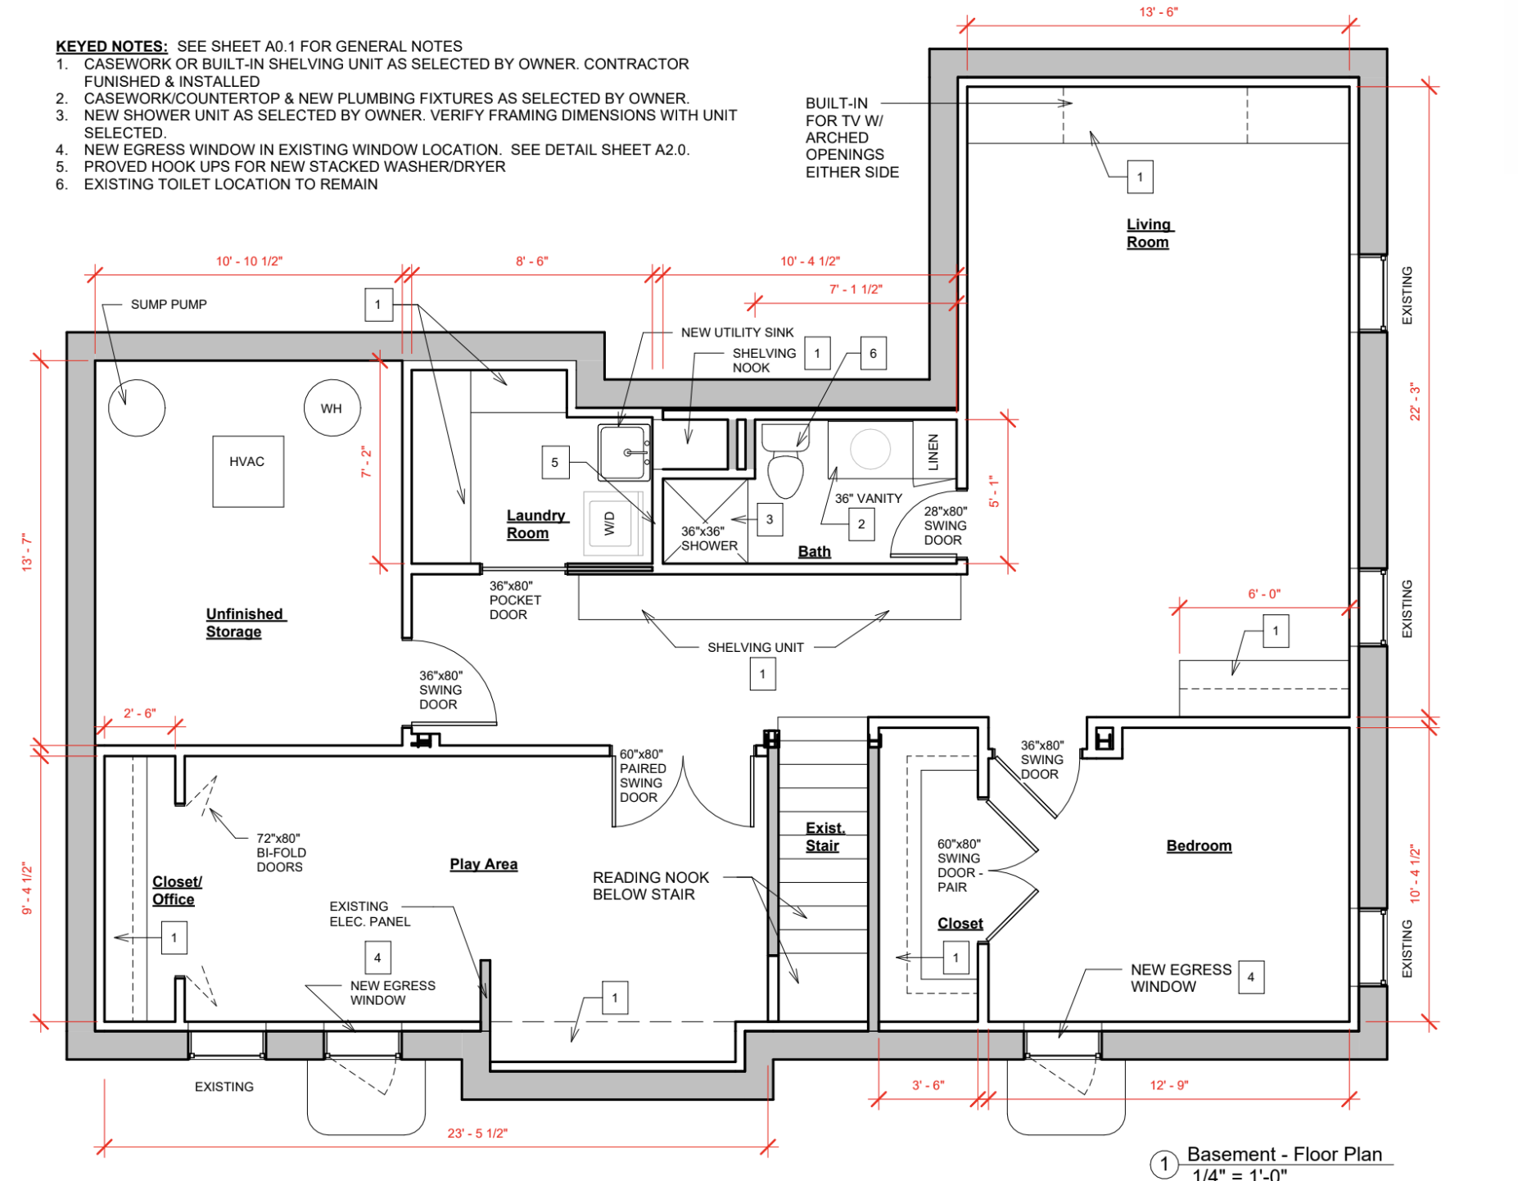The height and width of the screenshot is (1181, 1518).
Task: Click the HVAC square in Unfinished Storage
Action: click(248, 471)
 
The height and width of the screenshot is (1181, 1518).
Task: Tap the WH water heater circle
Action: click(332, 408)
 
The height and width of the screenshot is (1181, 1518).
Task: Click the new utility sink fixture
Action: click(624, 451)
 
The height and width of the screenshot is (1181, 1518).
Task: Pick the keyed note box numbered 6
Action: click(873, 353)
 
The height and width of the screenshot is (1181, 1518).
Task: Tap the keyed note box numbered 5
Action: click(554, 462)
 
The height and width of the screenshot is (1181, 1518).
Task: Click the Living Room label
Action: click(1148, 233)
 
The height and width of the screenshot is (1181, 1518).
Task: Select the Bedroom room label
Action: click(1199, 845)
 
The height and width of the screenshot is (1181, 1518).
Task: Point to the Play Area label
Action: click(483, 864)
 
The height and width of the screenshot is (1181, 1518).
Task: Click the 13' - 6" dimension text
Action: click(1158, 12)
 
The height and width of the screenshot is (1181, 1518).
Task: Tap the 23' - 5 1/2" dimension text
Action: click(477, 1133)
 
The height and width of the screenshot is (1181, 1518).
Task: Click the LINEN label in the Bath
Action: click(933, 452)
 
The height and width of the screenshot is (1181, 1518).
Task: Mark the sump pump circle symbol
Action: click(137, 408)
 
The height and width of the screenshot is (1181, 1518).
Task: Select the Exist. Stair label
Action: click(824, 837)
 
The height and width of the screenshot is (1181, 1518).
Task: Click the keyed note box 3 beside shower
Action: click(769, 519)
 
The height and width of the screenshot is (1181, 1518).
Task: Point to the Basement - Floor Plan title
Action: click(1284, 1154)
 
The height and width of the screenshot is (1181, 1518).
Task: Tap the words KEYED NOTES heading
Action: click(111, 47)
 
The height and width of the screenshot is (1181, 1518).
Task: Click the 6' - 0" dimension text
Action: click(1263, 594)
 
